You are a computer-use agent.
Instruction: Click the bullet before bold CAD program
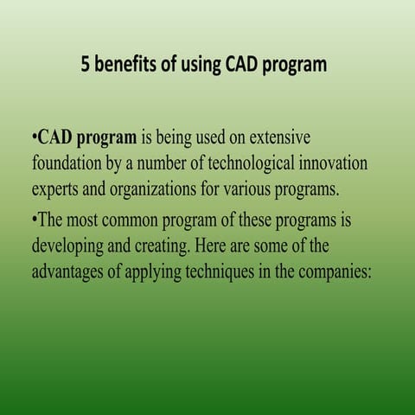(x=33, y=138)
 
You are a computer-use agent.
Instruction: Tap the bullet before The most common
(x=33, y=220)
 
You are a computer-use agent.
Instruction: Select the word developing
(x=73, y=246)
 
